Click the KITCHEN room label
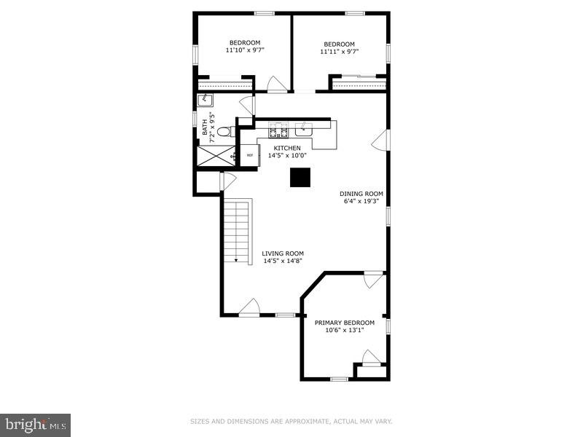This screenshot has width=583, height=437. [286, 147]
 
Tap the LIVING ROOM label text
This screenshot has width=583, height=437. [283, 253]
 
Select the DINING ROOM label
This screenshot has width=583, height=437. [361, 194]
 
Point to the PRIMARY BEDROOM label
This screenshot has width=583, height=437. [344, 323]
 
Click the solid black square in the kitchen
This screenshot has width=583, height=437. [300, 178]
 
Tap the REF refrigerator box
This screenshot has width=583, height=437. [250, 154]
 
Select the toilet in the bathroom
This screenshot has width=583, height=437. [226, 131]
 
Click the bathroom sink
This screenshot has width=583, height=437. [206, 101]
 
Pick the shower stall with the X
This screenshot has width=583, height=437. [215, 155]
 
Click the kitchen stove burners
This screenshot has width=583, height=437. [278, 130]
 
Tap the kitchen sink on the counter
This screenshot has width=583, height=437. [305, 131]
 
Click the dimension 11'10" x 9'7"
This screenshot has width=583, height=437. [245, 51]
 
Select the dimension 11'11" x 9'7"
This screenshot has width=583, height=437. [339, 52]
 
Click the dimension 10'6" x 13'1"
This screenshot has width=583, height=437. [344, 330]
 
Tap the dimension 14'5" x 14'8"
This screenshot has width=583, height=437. [283, 261]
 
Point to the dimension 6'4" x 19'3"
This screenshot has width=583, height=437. [361, 201]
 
